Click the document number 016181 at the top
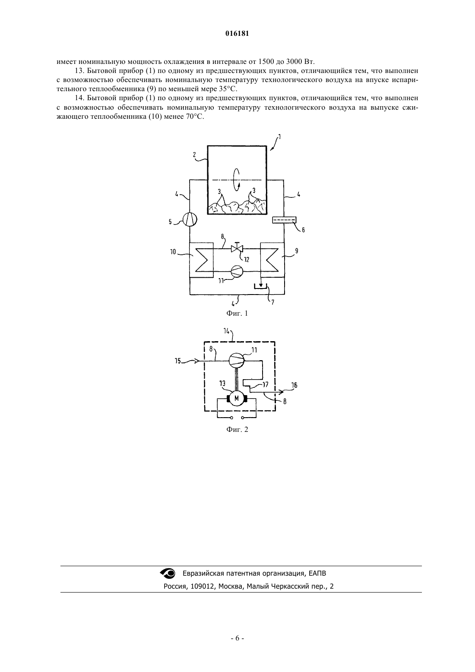point(237,34)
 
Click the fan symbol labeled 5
point(190,220)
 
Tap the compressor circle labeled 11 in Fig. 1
point(237,271)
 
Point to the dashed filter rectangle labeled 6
point(284,220)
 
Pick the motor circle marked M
point(237,398)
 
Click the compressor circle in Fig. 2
point(237,360)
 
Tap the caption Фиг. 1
point(237,313)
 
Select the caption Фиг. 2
point(237,429)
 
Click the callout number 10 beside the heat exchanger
point(173,252)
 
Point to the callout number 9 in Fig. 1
point(297,251)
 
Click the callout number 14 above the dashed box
point(226,331)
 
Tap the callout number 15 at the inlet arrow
point(178,361)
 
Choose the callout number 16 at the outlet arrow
point(294,385)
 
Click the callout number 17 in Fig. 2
point(265,384)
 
